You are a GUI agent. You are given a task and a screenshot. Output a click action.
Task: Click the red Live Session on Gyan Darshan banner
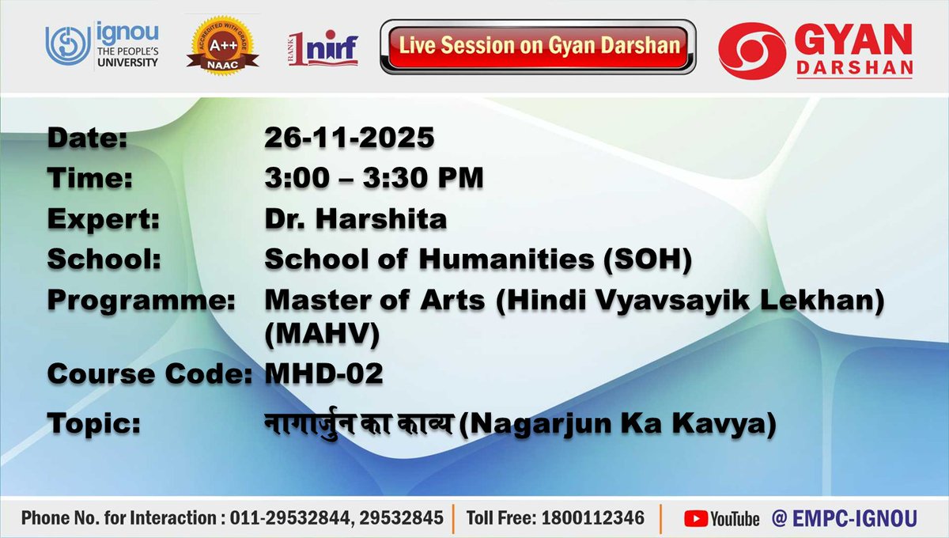coord(539,45)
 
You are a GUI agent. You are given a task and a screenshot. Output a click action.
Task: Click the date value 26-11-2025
coord(350,138)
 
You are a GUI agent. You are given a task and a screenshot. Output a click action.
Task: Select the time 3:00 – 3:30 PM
coord(373,179)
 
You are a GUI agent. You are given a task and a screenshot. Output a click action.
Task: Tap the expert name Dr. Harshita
coord(355,219)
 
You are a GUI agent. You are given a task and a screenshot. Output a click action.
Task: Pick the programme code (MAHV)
coord(322,335)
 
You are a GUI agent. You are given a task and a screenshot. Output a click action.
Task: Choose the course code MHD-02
coord(324,374)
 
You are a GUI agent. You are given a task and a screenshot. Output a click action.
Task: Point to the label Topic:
coord(94,424)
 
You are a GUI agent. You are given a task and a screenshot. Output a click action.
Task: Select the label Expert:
coord(103,219)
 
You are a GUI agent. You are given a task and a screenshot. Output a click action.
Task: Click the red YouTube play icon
coord(695,518)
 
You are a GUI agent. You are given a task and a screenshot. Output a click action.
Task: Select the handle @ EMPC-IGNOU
coord(844,518)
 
